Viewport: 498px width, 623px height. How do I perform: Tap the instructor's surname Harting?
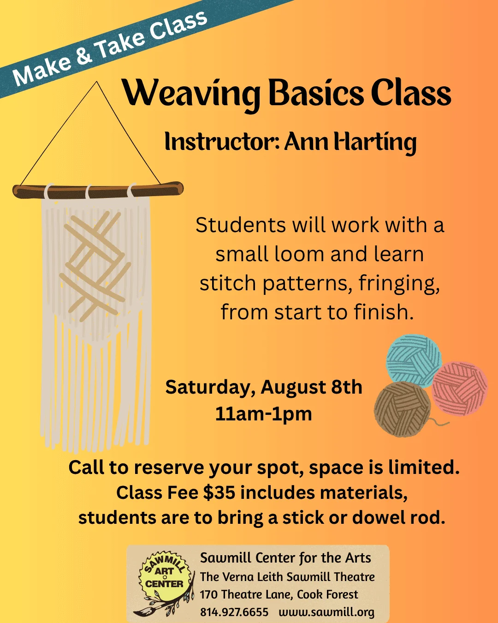click(x=375, y=142)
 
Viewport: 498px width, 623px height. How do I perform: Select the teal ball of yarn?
click(x=413, y=360)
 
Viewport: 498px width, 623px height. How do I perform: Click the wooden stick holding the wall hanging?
click(x=98, y=191)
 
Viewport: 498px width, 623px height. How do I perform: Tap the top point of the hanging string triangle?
click(x=97, y=82)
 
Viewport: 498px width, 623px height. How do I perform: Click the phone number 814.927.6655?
click(x=234, y=612)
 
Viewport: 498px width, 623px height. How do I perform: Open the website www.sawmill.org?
click(x=326, y=612)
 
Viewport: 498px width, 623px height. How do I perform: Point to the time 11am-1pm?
click(x=264, y=414)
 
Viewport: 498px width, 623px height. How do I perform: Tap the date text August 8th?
click(x=311, y=387)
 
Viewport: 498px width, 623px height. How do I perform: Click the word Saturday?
click(x=211, y=387)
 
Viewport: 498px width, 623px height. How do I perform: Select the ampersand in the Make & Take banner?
click(x=84, y=54)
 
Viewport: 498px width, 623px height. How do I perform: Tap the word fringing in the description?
click(x=399, y=283)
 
